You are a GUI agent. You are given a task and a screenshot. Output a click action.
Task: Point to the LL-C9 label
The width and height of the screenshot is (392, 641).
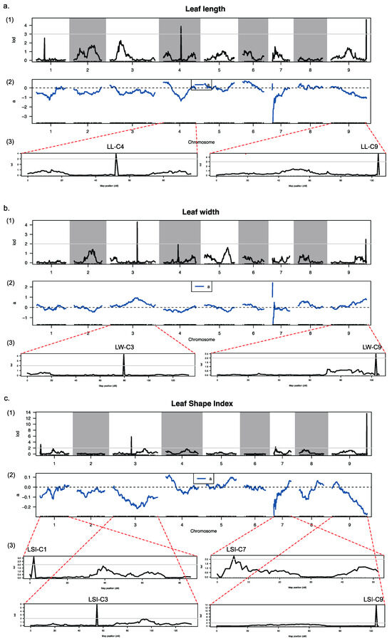[x=371, y=147]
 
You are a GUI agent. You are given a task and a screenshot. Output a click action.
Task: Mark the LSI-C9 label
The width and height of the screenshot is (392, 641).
[x=369, y=600]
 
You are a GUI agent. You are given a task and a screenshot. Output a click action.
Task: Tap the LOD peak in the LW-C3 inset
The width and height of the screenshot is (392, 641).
[x=124, y=358]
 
